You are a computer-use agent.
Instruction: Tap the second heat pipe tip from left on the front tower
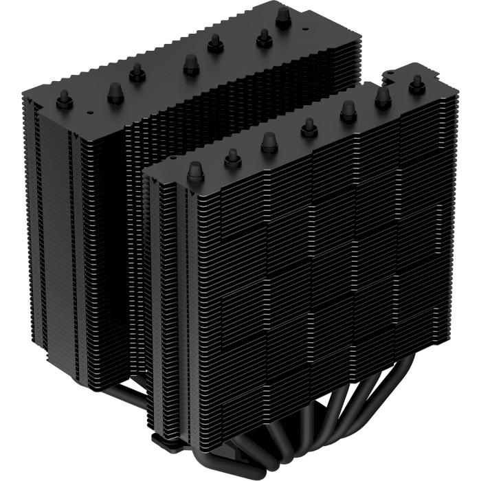232,157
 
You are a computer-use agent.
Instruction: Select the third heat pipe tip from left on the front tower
268,140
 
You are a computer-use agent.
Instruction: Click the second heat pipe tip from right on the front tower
383,98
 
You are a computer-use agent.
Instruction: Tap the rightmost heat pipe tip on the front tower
416,84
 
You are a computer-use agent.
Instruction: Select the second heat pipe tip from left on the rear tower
115,91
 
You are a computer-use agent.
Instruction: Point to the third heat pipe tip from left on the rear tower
137,71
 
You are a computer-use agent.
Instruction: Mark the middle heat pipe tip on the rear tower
190,65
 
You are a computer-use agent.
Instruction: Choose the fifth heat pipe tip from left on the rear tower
215,43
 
